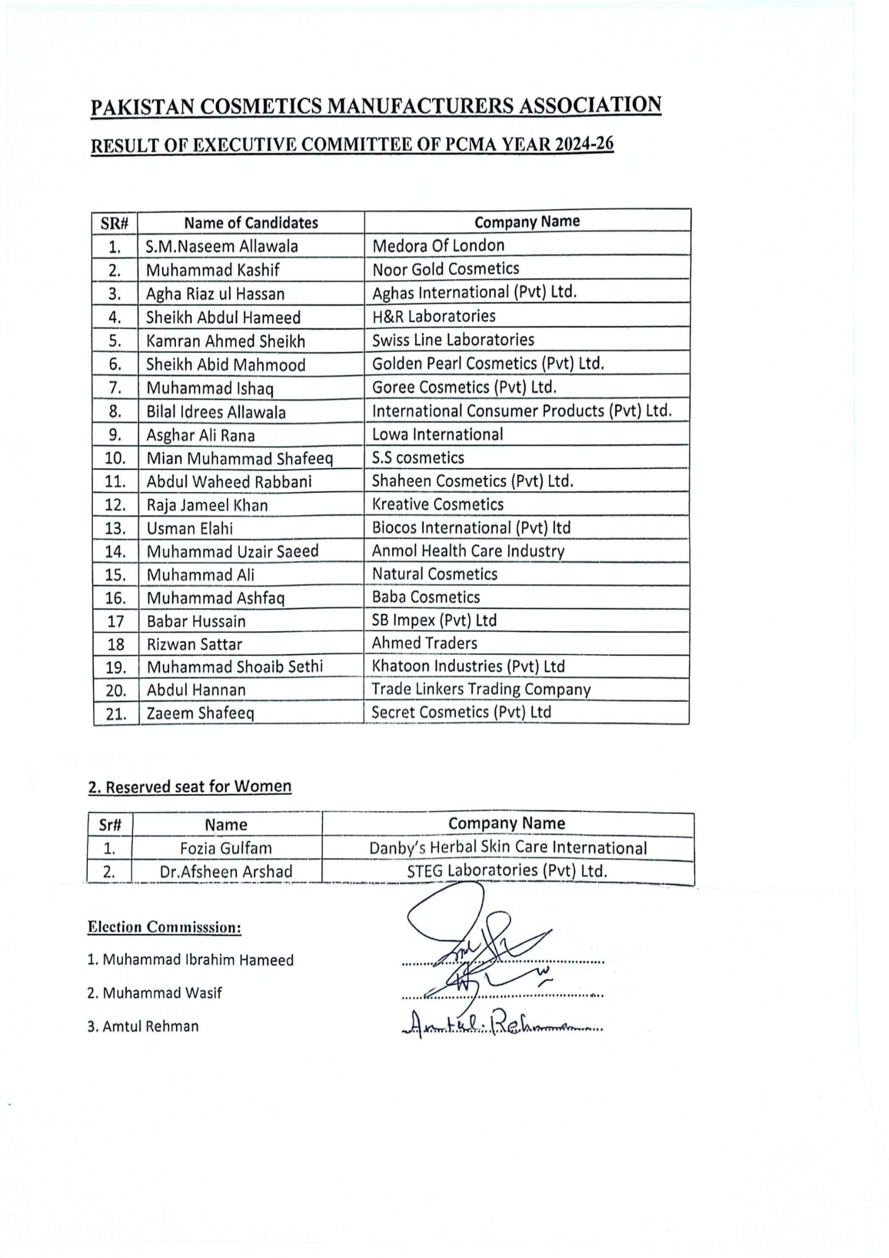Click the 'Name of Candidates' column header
point(251,223)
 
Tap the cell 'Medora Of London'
point(438,245)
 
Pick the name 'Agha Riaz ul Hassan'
point(215,294)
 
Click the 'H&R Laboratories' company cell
point(434,316)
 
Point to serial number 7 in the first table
point(115,388)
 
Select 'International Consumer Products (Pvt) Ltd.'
point(522,411)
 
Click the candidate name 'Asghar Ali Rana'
point(201,435)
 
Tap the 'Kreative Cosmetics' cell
point(438,504)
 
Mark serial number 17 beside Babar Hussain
point(116,621)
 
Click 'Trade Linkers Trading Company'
point(481,689)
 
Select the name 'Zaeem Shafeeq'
point(200,713)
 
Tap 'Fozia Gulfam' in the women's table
point(226,848)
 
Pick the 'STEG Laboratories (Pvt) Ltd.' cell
point(507,871)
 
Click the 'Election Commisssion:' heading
point(164,927)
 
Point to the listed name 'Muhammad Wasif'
point(162,993)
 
